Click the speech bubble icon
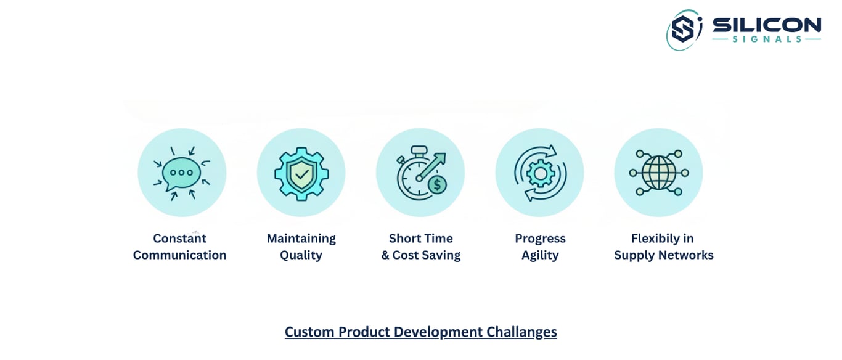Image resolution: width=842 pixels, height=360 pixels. (181, 173)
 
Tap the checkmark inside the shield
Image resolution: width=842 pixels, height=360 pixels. (301, 174)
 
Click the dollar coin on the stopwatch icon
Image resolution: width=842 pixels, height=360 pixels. (437, 185)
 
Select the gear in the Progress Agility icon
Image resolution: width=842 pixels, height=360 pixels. (540, 174)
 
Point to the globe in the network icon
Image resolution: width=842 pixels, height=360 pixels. (658, 173)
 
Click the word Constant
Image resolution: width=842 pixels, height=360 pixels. (179, 238)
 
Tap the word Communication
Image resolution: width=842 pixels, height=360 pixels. (179, 255)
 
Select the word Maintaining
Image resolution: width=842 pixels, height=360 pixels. (301, 239)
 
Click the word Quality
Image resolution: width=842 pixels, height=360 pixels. (301, 255)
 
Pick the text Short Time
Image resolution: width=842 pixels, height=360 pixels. (420, 238)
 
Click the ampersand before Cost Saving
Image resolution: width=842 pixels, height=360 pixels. (385, 255)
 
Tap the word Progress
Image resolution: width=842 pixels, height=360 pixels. (540, 239)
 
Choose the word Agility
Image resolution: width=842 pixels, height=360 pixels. (540, 255)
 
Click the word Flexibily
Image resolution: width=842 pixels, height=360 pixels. (652, 239)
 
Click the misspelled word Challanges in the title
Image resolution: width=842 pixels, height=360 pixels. (521, 332)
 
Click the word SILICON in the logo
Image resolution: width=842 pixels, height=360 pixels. (767, 25)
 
